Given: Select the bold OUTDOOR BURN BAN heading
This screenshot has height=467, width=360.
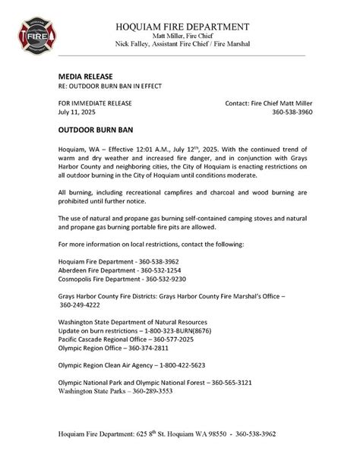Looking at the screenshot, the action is [95, 130].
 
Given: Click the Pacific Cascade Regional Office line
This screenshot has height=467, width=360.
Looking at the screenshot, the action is [119, 343].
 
